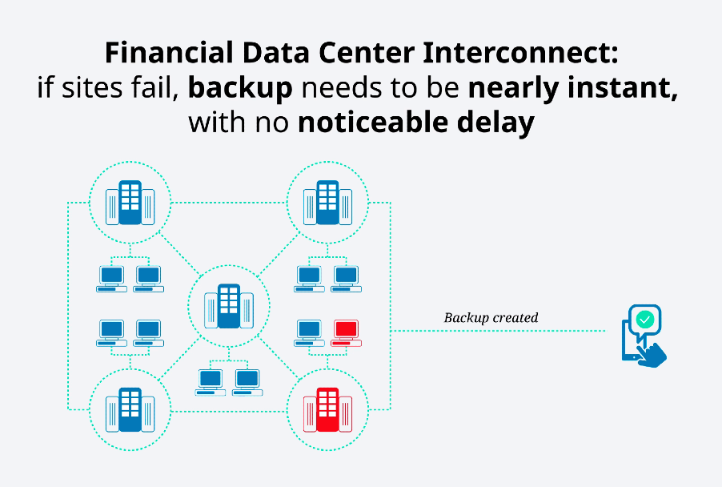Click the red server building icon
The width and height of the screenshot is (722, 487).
[x=327, y=409]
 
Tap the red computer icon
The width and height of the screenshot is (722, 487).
[x=347, y=332]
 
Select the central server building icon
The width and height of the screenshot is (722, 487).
[x=229, y=306]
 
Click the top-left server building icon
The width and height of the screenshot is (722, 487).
[x=130, y=203]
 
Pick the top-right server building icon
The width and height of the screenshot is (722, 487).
[x=327, y=203]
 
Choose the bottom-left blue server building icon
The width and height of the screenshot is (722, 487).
[x=130, y=409]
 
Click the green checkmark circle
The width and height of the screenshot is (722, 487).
[x=645, y=320]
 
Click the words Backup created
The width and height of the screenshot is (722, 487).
[x=491, y=318]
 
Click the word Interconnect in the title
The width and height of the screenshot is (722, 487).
[x=520, y=53]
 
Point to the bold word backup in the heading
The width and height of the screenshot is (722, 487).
[x=240, y=87]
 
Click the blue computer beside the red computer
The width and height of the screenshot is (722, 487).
[x=310, y=332]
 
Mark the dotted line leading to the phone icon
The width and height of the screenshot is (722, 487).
[x=498, y=331]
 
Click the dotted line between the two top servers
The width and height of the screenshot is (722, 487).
[x=229, y=203]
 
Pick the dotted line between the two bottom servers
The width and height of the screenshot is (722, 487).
[x=229, y=411]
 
